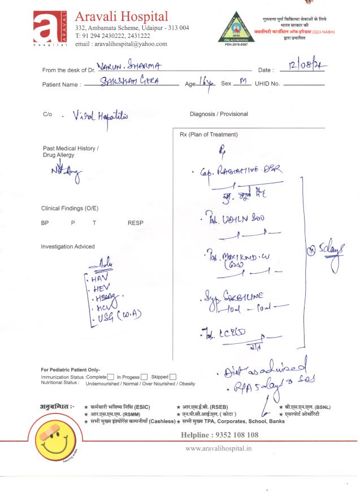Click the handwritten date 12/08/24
(x=307, y=67)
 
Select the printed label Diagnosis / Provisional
(x=219, y=114)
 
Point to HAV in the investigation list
(x=99, y=279)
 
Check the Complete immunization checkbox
(x=111, y=377)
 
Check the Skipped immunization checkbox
(x=173, y=377)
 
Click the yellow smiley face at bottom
(x=55, y=441)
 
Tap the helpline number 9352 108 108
(x=220, y=435)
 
